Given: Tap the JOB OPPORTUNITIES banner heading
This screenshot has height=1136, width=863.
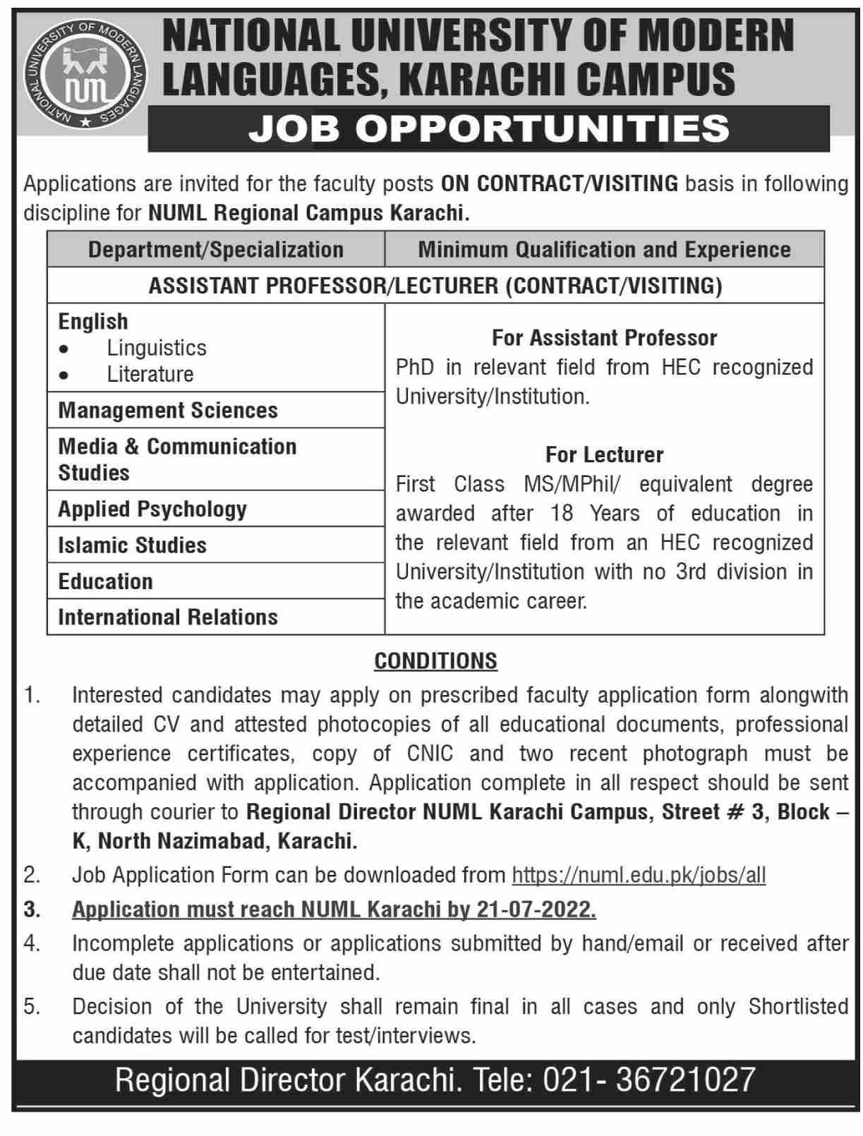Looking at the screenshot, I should coord(488,128).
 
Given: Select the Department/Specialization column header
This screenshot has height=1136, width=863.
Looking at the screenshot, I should coord(216,250).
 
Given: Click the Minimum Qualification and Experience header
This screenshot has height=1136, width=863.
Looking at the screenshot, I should coord(604,250).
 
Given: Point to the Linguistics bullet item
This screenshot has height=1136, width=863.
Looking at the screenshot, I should coord(157,348).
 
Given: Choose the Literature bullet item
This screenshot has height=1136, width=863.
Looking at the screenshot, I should coord(150,374).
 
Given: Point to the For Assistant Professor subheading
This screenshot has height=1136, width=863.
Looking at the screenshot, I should coord(604,338).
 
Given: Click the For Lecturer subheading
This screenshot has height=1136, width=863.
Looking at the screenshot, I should coord(604,454).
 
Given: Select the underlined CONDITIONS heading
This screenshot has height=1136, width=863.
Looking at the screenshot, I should coord(435,661).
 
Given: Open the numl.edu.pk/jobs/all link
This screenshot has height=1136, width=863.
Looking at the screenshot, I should coord(639,876).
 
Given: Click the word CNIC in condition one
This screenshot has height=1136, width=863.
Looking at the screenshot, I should coord(430,754).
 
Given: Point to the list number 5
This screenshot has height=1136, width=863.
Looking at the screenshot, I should coord(32,1007).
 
